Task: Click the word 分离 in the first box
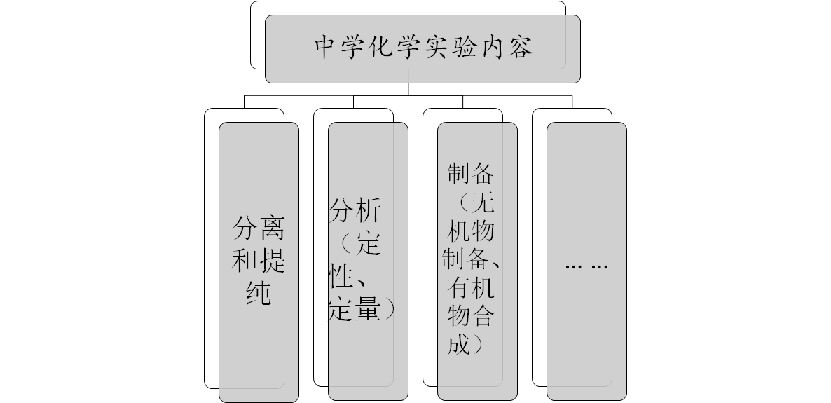point(259,228)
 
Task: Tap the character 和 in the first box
point(245,262)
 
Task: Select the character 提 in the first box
point(273,262)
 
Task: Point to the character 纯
point(259,295)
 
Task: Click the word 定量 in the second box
point(354,310)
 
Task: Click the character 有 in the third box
point(458,287)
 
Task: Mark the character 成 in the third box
point(458,345)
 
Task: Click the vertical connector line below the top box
point(408,89)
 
